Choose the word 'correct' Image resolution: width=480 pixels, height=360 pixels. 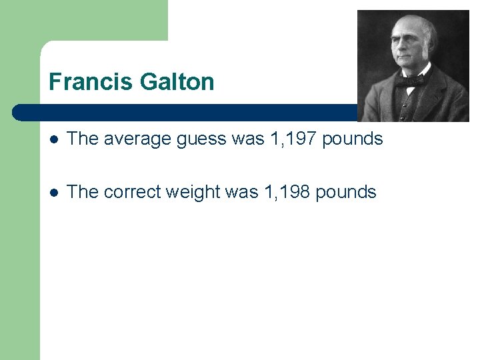pos(132,193)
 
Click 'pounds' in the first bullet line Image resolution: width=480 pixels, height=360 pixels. pos(353,139)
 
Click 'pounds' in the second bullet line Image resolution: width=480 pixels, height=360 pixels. pos(346,192)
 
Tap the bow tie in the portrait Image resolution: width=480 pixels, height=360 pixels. pos(409,81)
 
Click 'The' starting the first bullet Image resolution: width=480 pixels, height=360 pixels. pos(83,139)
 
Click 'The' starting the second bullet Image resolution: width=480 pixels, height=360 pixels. pos(83,192)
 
